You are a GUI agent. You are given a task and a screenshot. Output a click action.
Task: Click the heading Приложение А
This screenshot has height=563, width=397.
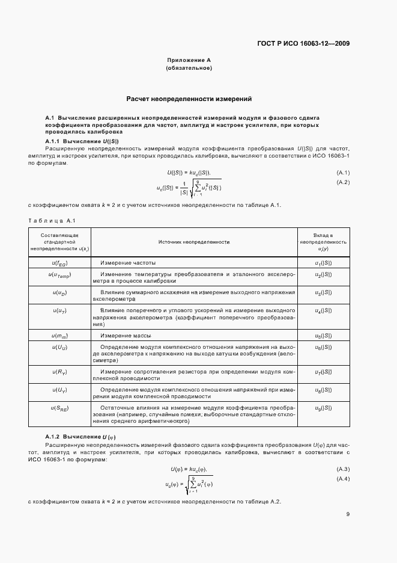pos(189,61)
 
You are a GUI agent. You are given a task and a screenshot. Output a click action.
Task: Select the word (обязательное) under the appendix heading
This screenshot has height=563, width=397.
pos(189,69)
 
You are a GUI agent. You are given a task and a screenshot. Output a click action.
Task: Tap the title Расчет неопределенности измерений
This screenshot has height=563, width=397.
pos(189,98)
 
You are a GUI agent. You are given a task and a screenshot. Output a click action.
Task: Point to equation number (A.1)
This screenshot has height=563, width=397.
pos(343,173)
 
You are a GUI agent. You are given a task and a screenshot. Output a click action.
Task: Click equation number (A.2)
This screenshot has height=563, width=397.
pos(343,182)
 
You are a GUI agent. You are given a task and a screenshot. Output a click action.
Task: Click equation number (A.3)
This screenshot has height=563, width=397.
pos(343,469)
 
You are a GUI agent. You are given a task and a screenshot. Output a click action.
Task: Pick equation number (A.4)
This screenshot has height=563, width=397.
pos(343,478)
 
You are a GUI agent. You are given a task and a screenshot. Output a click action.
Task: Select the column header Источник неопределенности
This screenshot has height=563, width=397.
pos(194,241)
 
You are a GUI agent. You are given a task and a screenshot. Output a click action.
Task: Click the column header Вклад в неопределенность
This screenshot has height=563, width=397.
pos(323,241)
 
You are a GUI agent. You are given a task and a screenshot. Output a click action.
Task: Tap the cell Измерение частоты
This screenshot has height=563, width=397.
pos(128,263)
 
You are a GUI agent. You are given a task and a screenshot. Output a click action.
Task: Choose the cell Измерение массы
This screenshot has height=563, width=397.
pos(126,335)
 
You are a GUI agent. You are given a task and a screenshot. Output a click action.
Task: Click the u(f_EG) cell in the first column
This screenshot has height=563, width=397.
pos(59,263)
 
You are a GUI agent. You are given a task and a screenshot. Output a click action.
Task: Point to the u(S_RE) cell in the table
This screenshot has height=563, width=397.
pos(59,408)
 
